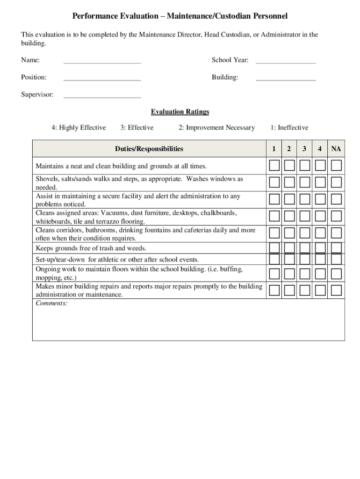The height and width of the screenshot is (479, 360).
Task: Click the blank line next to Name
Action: (x=102, y=61)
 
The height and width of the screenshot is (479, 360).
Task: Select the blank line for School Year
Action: (x=286, y=61)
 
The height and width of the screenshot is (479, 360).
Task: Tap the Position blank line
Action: (x=102, y=78)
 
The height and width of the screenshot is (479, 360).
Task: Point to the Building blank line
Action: (x=286, y=78)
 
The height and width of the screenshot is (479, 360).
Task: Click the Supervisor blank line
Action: (x=102, y=95)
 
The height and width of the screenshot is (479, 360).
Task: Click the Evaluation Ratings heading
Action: (x=180, y=112)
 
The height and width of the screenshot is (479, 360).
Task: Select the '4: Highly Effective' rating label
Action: (x=79, y=128)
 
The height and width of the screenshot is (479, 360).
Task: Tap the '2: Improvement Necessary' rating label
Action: (x=216, y=128)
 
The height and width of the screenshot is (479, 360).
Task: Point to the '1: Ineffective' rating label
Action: (x=289, y=128)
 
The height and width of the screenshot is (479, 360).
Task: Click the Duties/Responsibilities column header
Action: (x=149, y=149)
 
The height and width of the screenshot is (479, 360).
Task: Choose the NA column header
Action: (x=336, y=149)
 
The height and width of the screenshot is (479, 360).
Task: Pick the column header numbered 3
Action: (x=304, y=149)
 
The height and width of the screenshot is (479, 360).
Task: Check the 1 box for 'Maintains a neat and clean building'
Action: (x=274, y=166)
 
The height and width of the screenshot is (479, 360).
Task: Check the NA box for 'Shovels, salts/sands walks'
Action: (x=336, y=182)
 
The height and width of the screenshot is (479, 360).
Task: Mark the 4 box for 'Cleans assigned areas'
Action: (x=320, y=216)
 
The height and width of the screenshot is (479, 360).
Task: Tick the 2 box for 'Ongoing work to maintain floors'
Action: (x=289, y=274)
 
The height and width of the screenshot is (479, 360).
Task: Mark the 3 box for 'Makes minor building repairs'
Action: (x=305, y=290)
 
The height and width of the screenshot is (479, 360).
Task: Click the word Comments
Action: (x=51, y=304)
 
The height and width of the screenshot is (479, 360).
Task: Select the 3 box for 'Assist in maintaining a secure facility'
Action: (x=305, y=199)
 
